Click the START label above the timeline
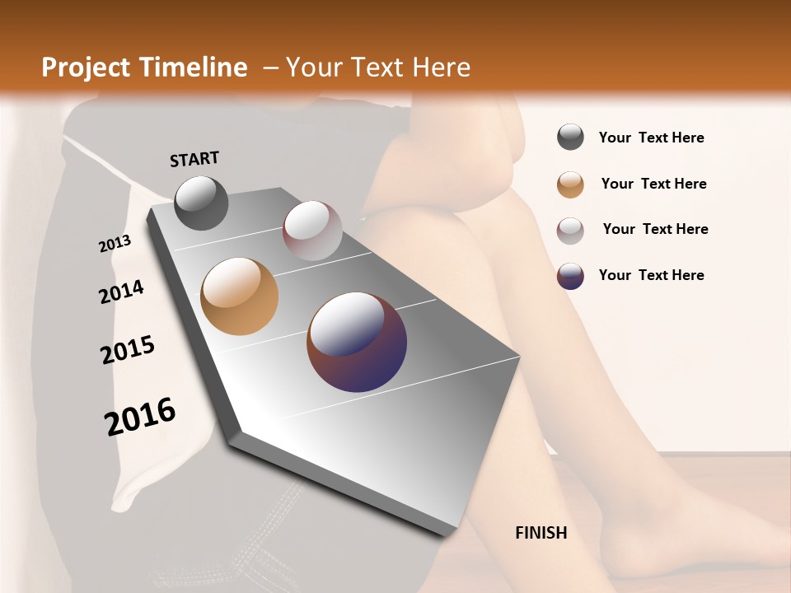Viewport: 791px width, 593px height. [x=194, y=158]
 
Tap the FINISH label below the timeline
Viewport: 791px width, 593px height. [x=541, y=533]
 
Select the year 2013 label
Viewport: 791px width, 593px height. [x=115, y=244]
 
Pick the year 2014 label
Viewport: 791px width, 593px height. [x=121, y=292]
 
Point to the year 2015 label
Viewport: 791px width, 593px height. [x=128, y=349]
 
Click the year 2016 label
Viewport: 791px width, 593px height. [x=140, y=416]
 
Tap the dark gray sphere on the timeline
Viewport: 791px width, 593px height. [x=201, y=203]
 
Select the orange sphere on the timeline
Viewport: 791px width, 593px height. [x=239, y=296]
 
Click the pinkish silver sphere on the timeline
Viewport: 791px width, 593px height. [x=312, y=231]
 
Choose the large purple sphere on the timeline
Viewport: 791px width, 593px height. [x=357, y=341]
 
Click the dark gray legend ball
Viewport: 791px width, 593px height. [x=570, y=138]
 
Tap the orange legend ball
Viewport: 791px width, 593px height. [x=570, y=184]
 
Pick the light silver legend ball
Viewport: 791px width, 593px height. [x=570, y=230]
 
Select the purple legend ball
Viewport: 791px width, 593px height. [x=570, y=276]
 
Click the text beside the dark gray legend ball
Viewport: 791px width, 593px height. [x=651, y=138]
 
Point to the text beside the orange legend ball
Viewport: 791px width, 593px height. [x=653, y=184]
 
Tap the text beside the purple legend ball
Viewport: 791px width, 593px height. [x=651, y=275]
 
